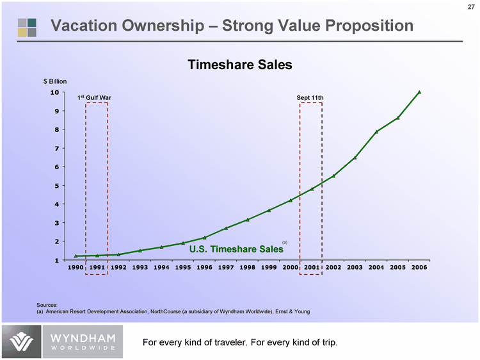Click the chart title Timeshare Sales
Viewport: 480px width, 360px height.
(239, 65)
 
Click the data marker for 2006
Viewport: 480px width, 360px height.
(419, 92)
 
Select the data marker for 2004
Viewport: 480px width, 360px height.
(376, 131)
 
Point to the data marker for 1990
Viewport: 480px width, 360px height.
(76, 256)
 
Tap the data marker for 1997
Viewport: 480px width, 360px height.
(226, 228)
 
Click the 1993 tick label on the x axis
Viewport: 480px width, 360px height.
(140, 267)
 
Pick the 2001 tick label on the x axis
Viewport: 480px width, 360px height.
(312, 267)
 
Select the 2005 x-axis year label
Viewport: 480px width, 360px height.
(397, 267)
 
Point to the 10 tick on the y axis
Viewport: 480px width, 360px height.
(55, 92)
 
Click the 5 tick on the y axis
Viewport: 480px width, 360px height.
(57, 186)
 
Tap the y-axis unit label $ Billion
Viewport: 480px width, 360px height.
(55, 81)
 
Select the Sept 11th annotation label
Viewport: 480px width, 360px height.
(310, 97)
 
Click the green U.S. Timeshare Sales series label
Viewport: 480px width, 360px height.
(236, 249)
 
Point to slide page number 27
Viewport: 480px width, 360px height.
(469, 8)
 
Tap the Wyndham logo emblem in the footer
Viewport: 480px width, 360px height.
(20, 342)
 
